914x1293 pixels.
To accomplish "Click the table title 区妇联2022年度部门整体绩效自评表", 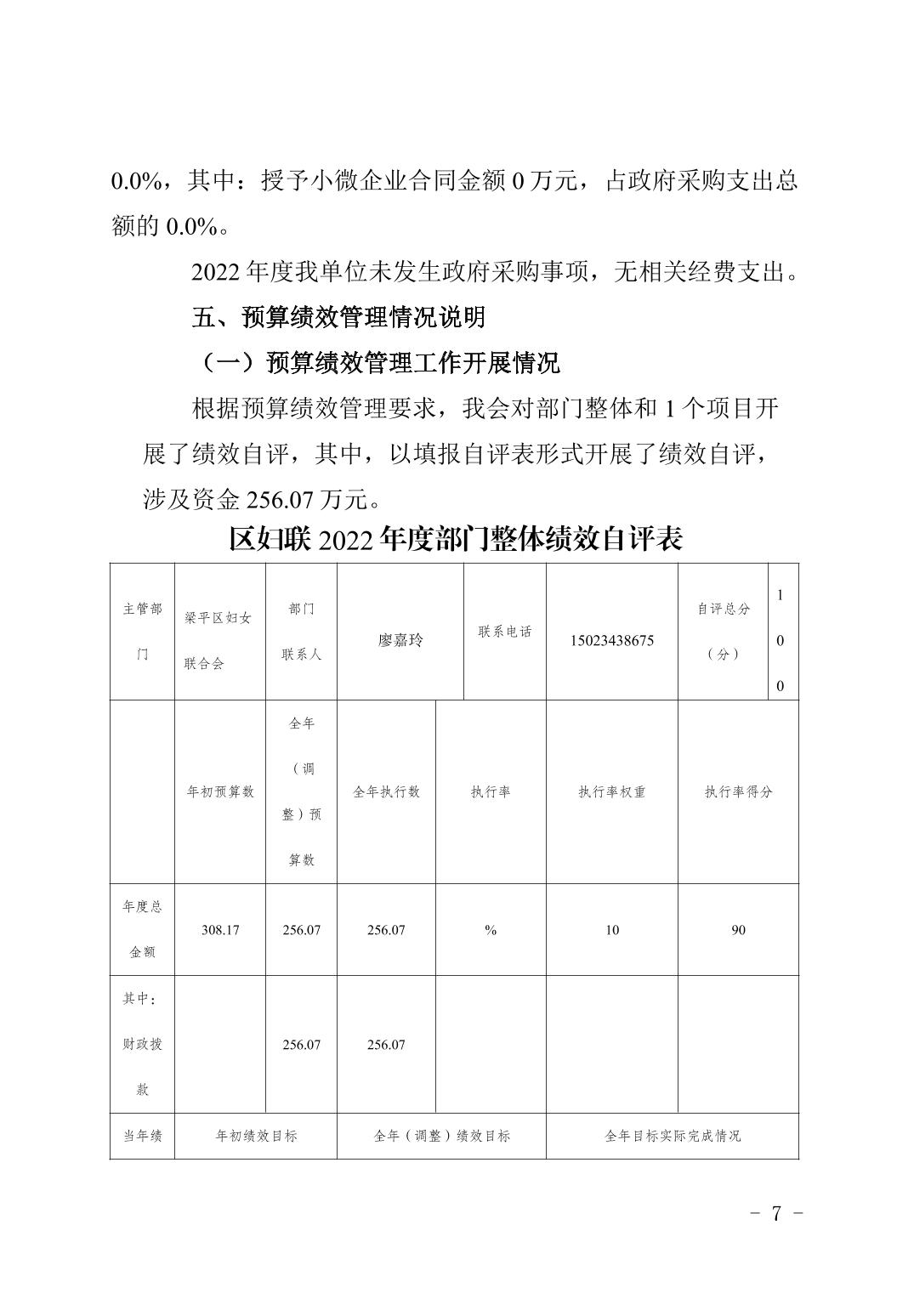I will [456, 539].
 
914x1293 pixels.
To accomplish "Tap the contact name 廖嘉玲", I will [400, 640].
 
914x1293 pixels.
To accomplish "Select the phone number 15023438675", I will [612, 640].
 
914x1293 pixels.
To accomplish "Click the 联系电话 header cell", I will [505, 632].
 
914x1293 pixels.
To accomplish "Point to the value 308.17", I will [220, 930].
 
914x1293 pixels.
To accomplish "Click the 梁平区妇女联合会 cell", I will [219, 640].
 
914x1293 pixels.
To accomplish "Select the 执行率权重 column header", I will [612, 791].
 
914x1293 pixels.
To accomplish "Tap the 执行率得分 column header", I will [738, 791].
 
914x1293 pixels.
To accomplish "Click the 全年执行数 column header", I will [386, 791].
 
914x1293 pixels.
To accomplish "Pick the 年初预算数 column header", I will [220, 791].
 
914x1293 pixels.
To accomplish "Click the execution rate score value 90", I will [738, 930].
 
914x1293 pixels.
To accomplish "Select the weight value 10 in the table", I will [612, 930].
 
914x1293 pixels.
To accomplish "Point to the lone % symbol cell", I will [491, 930].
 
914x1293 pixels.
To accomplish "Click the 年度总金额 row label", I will [142, 929].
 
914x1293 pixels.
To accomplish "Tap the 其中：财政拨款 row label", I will [142, 1044].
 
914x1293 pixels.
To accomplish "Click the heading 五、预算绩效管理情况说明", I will [338, 317].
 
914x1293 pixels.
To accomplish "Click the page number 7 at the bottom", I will [776, 1213].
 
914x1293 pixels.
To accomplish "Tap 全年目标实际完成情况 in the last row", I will [673, 1136].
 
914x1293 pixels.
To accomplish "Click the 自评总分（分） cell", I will [723, 632].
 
